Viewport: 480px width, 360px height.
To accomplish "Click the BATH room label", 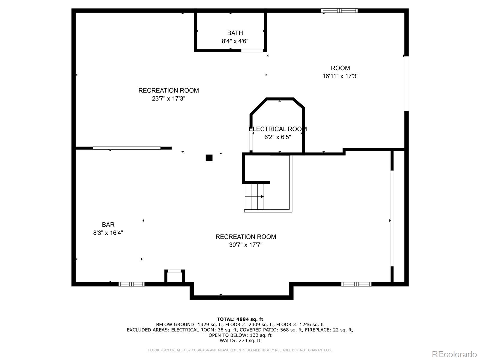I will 235,33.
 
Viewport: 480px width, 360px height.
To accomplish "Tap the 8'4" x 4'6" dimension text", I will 235,41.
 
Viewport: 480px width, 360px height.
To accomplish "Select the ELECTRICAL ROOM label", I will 277,129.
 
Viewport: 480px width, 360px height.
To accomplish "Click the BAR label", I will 108,225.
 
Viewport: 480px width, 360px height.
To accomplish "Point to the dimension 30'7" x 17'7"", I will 246,245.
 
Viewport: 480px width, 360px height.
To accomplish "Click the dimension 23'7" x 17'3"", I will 169,98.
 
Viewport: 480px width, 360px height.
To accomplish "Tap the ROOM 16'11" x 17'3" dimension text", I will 340,76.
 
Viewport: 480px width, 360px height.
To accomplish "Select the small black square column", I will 209,158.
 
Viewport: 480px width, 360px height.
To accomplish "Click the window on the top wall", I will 339,11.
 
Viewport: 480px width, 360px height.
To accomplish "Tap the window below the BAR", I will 131,284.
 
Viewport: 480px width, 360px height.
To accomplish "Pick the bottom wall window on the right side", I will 356,284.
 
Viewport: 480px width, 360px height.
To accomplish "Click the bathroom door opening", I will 252,51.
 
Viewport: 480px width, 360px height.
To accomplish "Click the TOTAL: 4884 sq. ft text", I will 240,319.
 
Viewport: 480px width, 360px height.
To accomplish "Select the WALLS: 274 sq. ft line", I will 240,340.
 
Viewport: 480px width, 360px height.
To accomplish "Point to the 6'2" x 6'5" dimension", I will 277,137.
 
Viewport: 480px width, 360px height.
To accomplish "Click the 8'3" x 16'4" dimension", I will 108,233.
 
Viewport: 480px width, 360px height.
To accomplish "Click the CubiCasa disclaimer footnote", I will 240,350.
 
